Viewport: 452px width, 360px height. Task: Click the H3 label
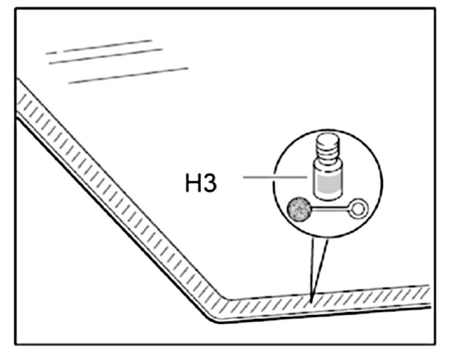(200, 182)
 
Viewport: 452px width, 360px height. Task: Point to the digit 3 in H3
(210, 182)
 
